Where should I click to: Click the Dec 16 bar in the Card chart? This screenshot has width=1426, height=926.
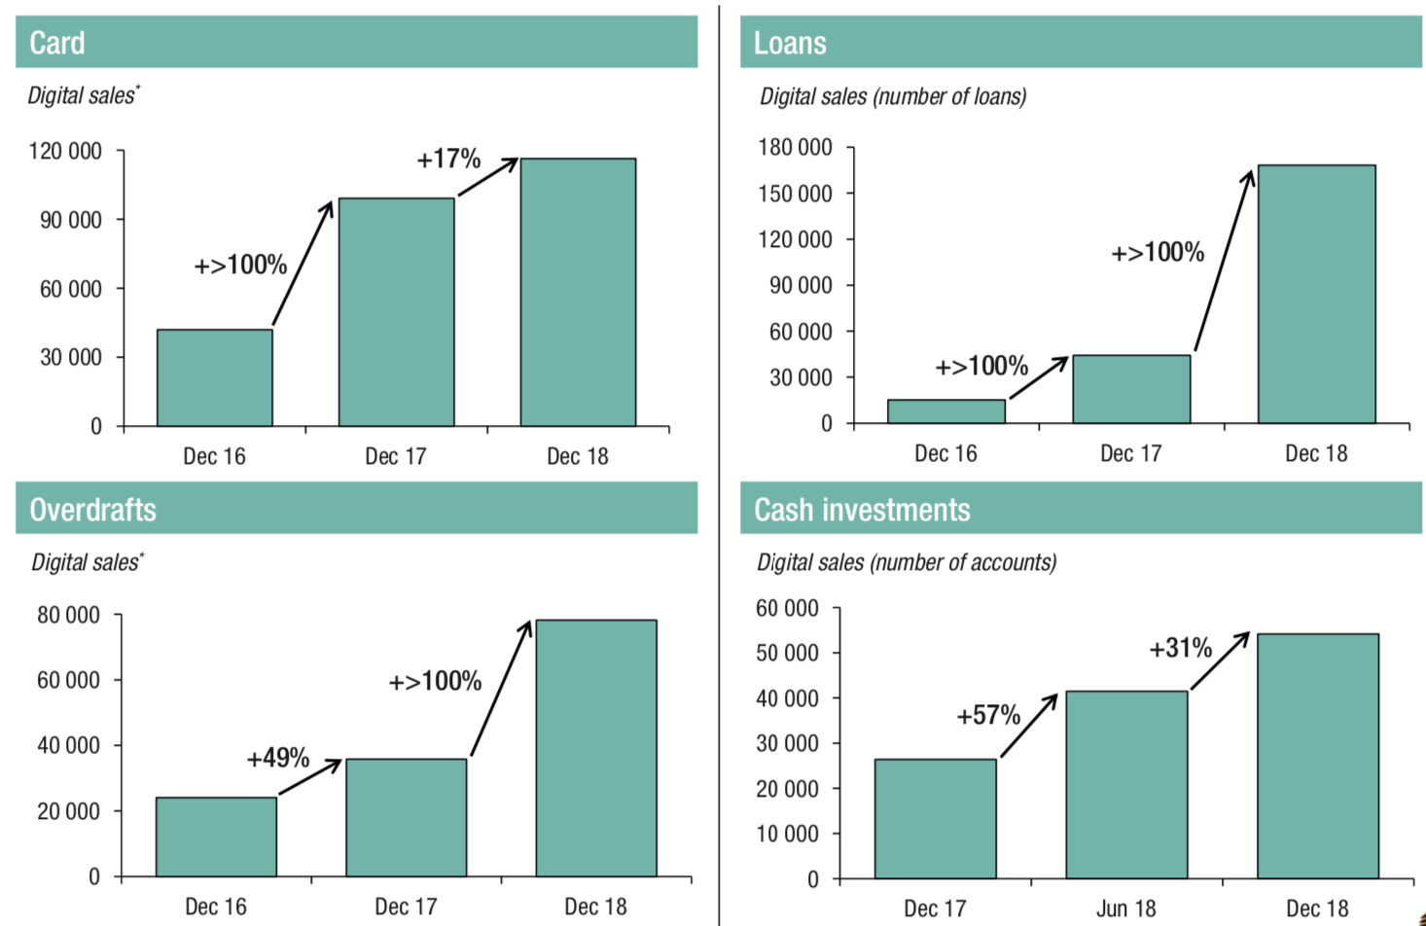(214, 377)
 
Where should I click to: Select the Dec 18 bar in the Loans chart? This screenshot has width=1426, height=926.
(1316, 294)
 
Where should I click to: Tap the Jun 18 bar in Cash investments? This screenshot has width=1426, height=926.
(1126, 784)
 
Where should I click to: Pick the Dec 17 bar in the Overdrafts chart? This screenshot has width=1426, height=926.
(406, 817)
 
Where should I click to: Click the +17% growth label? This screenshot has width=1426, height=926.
(448, 159)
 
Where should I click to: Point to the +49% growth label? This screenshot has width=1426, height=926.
(278, 758)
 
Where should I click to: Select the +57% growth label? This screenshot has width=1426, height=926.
(988, 716)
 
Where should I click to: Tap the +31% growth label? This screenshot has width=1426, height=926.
(1180, 648)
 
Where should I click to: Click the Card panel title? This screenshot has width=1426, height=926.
(57, 43)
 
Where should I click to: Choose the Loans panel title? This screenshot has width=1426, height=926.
(790, 43)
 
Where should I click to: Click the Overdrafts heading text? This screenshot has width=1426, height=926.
(92, 509)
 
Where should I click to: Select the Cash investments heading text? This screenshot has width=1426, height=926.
(862, 509)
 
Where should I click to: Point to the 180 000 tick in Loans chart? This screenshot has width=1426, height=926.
(795, 147)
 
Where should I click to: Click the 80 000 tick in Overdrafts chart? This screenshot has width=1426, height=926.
(68, 615)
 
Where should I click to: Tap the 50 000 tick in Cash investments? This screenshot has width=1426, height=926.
(787, 653)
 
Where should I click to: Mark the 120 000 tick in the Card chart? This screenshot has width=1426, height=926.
(65, 151)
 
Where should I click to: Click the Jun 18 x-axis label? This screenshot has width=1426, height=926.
(1126, 908)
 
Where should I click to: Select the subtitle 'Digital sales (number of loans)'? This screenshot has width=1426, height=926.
(893, 96)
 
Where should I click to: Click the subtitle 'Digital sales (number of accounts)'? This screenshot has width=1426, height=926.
(907, 562)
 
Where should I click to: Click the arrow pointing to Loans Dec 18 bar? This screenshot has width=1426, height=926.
(1224, 261)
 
